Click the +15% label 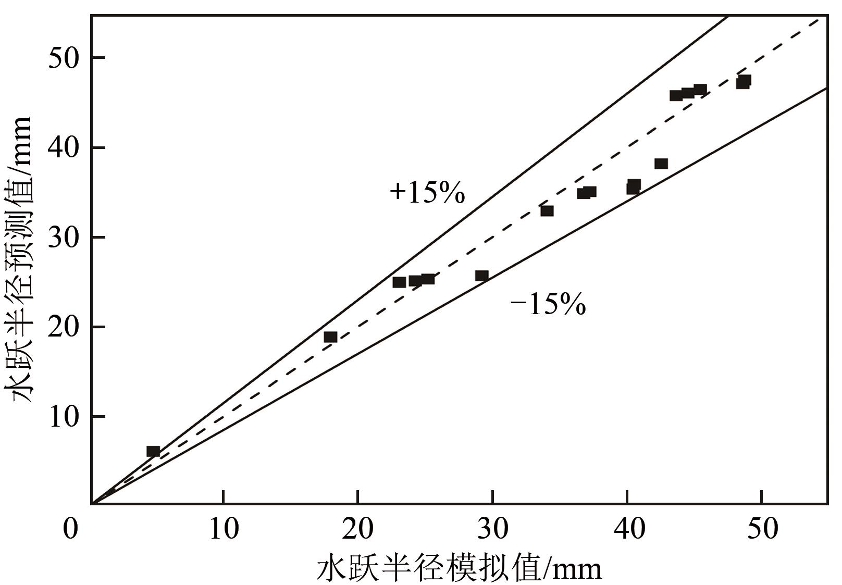(427, 192)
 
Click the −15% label (548, 304)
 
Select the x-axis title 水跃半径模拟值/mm (459, 567)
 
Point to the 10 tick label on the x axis (224, 529)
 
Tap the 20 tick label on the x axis (358, 529)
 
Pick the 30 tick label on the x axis (493, 529)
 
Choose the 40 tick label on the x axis (627, 529)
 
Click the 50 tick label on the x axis (762, 529)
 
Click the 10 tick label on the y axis (63, 417)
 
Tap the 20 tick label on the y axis (63, 327)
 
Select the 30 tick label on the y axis (63, 238)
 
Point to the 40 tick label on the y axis (63, 148)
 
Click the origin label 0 (70, 529)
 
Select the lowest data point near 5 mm (153, 451)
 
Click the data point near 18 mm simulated (330, 337)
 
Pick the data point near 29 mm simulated (482, 276)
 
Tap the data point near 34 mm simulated (547, 211)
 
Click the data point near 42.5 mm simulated (661, 164)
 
